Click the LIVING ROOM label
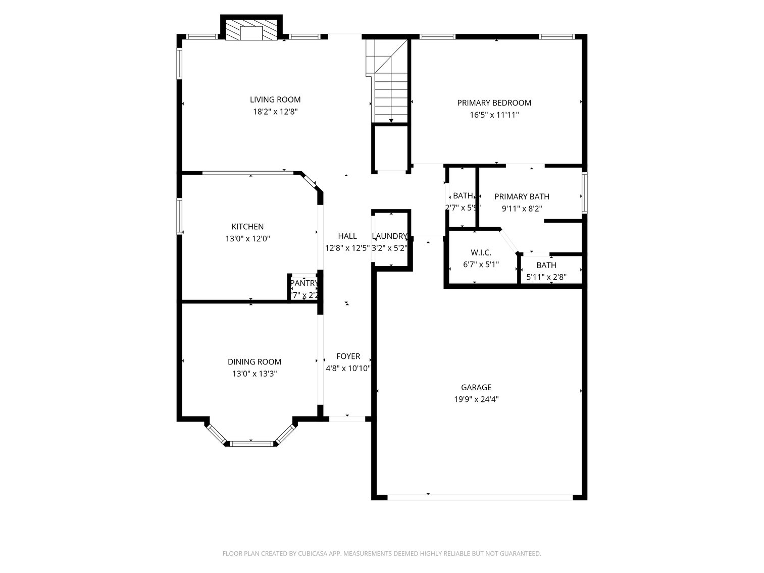275,99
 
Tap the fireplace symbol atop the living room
251,30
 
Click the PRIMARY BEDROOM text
494,103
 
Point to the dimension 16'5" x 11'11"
494,115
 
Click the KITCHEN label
247,227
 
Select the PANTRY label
304,283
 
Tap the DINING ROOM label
254,361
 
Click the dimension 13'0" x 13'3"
254,374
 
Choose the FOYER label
348,356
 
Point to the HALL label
347,236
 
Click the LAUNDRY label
389,236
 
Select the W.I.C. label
481,252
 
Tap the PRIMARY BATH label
522,196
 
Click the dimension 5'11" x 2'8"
546,277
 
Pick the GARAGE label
476,387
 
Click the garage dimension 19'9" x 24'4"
476,399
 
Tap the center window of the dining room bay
251,444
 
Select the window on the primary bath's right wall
585,192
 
